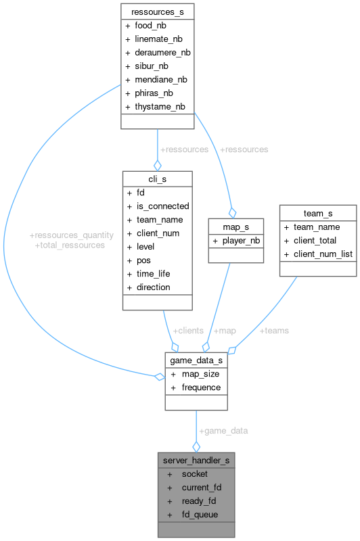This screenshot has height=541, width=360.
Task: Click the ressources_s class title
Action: (158, 11)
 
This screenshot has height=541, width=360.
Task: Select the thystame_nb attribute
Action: (160, 106)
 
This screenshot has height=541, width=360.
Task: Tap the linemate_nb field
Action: (158, 39)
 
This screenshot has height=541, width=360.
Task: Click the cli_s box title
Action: (157, 179)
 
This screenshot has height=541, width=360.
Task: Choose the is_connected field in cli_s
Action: (163, 206)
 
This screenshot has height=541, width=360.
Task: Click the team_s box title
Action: (317, 214)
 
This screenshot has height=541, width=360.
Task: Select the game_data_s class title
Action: (196, 360)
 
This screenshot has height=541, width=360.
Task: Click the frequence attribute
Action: (201, 387)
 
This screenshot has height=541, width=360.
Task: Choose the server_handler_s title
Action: (196, 461)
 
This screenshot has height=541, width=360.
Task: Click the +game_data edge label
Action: (223, 431)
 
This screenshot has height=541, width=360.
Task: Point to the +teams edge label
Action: (273, 331)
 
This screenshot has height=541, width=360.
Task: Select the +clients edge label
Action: (187, 331)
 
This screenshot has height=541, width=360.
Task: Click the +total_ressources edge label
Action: (70, 245)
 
